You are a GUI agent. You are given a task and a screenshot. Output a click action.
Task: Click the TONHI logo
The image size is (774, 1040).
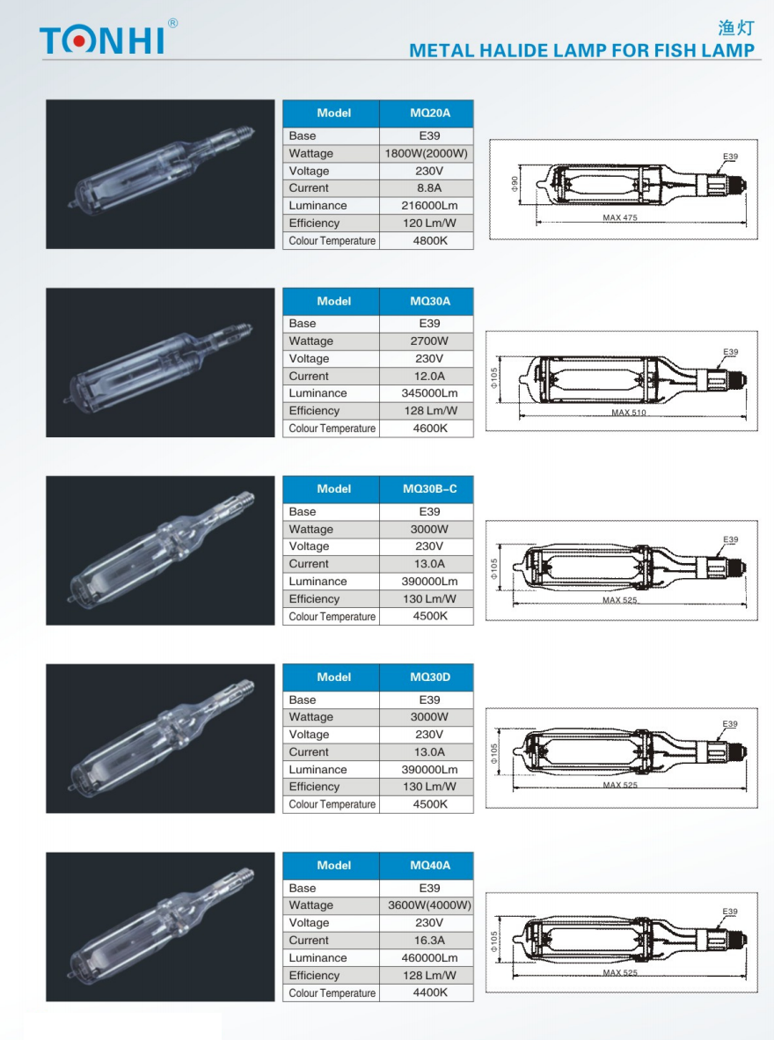click(x=104, y=40)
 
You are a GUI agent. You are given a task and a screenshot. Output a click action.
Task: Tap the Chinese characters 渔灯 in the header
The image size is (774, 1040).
click(x=736, y=28)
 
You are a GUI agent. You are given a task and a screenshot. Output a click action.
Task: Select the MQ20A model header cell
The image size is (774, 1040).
click(x=429, y=113)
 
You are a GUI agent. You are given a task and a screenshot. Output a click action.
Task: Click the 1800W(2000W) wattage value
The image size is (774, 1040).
click(x=427, y=153)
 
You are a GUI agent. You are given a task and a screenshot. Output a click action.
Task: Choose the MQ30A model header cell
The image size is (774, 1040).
click(x=429, y=301)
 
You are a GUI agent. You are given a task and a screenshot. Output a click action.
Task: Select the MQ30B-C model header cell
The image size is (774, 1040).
click(x=429, y=489)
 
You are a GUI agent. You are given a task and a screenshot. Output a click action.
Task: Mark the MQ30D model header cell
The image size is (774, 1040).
click(x=429, y=677)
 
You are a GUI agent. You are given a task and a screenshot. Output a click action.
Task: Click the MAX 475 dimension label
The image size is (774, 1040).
click(x=620, y=218)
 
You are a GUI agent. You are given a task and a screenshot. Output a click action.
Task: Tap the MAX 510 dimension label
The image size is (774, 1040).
click(x=629, y=413)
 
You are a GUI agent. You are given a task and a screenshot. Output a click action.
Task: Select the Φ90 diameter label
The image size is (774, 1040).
click(x=515, y=183)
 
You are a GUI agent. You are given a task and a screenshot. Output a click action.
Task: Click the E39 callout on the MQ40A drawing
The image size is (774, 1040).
click(x=730, y=912)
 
